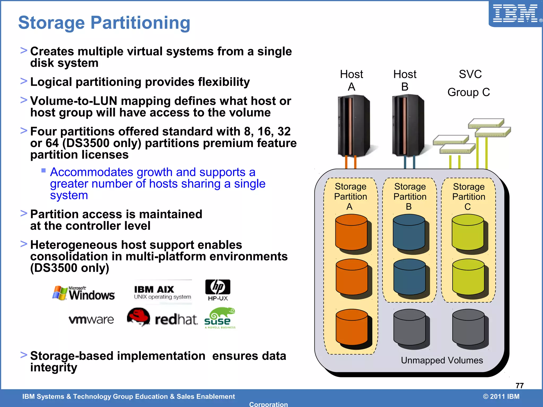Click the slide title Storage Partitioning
(104, 23)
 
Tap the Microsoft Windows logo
(84, 293)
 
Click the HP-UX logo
(218, 290)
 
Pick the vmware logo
(91, 320)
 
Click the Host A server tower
(353, 126)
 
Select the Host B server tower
(408, 126)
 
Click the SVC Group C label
(469, 83)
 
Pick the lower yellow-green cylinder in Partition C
(468, 277)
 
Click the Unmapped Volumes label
(442, 360)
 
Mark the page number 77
(519, 386)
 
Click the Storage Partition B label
(410, 197)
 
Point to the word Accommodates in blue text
(91, 172)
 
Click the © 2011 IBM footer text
(501, 396)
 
